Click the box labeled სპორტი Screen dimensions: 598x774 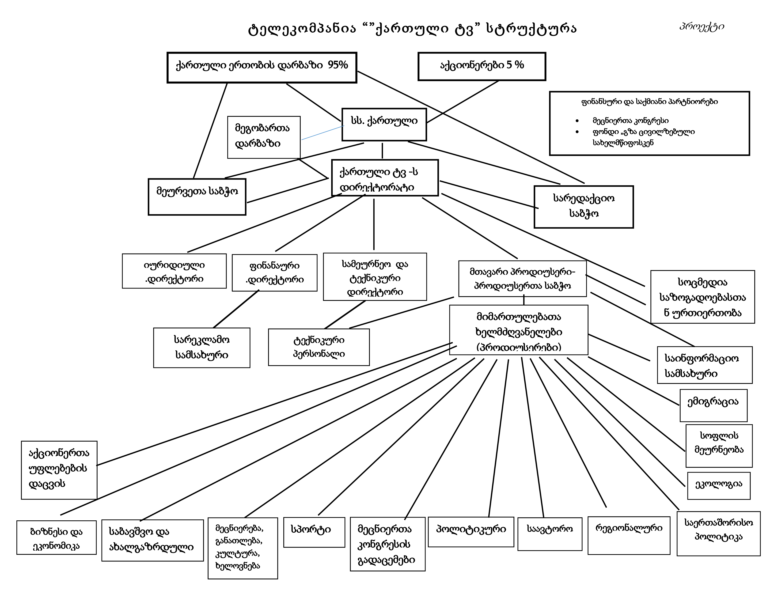point(314,532)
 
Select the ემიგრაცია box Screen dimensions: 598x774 point(713,405)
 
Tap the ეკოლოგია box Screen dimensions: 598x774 point(718,485)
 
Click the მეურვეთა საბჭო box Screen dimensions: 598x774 point(197,197)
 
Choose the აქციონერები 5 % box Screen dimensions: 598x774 point(482,66)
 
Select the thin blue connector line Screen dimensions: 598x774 point(322,133)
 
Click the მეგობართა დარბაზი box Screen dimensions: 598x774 point(264,137)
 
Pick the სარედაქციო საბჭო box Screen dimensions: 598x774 point(583,207)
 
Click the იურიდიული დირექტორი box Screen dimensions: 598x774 point(174,271)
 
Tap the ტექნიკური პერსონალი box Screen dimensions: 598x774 point(319,347)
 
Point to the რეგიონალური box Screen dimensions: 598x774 point(629,535)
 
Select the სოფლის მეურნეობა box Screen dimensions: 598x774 point(719,446)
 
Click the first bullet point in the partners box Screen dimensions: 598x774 point(577,121)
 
